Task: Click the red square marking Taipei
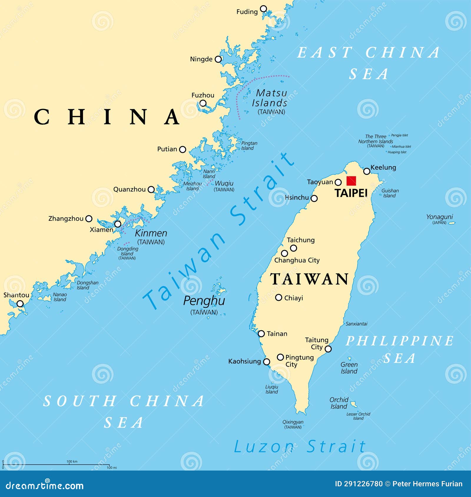(351, 181)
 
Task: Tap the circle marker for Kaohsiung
(266, 362)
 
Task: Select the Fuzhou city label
(203, 95)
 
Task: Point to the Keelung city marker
(366, 171)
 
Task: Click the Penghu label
(204, 301)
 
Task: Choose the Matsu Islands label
(270, 98)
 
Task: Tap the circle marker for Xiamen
(117, 224)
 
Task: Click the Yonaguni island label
(440, 217)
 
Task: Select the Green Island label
(349, 368)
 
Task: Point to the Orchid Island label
(339, 403)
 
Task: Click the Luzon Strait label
(299, 447)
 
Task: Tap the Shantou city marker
(20, 303)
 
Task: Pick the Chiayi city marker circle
(278, 298)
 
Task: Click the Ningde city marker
(218, 59)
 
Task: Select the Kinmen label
(151, 234)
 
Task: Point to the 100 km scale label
(72, 461)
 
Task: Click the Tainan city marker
(261, 333)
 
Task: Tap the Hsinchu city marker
(314, 199)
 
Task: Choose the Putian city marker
(183, 149)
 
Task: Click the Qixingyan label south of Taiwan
(293, 422)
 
